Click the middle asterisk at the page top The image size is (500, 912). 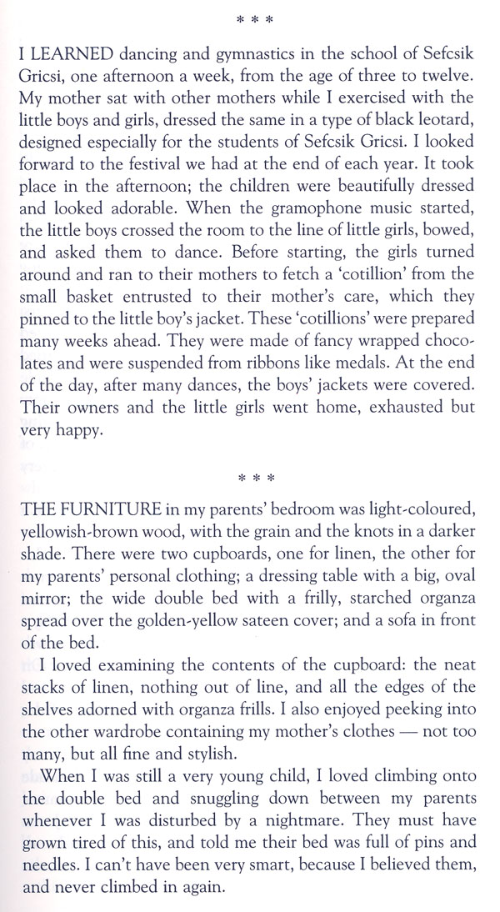click(x=250, y=18)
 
